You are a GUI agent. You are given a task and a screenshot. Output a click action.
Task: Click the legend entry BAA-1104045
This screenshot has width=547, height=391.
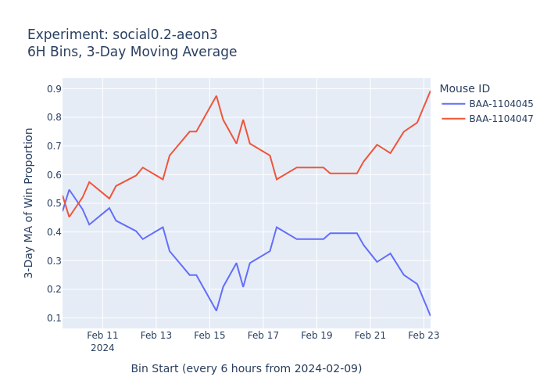pos(501,104)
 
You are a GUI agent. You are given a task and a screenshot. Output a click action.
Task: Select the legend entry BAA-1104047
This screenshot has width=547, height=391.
pos(501,119)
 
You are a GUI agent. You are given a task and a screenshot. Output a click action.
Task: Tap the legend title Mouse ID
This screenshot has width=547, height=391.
pos(464,89)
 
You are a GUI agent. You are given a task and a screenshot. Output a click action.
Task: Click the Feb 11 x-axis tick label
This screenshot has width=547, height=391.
pos(102,335)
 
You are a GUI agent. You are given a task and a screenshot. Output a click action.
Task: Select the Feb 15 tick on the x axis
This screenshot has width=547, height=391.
pos(209,335)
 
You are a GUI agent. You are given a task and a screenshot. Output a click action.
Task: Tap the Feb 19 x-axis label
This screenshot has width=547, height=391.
pos(316,335)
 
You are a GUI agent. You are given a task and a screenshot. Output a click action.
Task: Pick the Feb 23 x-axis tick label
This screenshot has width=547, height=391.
pos(424,335)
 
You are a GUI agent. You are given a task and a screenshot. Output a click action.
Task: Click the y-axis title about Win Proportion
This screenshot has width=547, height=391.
pos(29,203)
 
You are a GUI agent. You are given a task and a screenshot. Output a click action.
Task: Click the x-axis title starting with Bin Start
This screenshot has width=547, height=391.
pos(246,368)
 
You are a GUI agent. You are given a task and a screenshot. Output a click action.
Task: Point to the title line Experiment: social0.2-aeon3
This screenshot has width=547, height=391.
pos(123,35)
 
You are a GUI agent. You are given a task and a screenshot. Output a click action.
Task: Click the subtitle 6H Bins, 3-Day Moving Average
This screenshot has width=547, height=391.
pos(132,52)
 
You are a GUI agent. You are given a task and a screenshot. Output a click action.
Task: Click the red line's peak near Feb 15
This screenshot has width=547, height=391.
pos(216,96)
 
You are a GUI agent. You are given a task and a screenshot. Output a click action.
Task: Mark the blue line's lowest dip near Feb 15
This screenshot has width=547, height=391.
pos(216,310)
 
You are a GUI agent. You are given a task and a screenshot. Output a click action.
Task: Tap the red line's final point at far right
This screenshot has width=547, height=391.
pos(430,91)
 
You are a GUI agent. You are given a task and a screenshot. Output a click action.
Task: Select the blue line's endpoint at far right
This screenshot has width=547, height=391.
pos(430,315)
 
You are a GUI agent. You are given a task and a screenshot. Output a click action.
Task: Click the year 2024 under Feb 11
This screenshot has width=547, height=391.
pos(102,348)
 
